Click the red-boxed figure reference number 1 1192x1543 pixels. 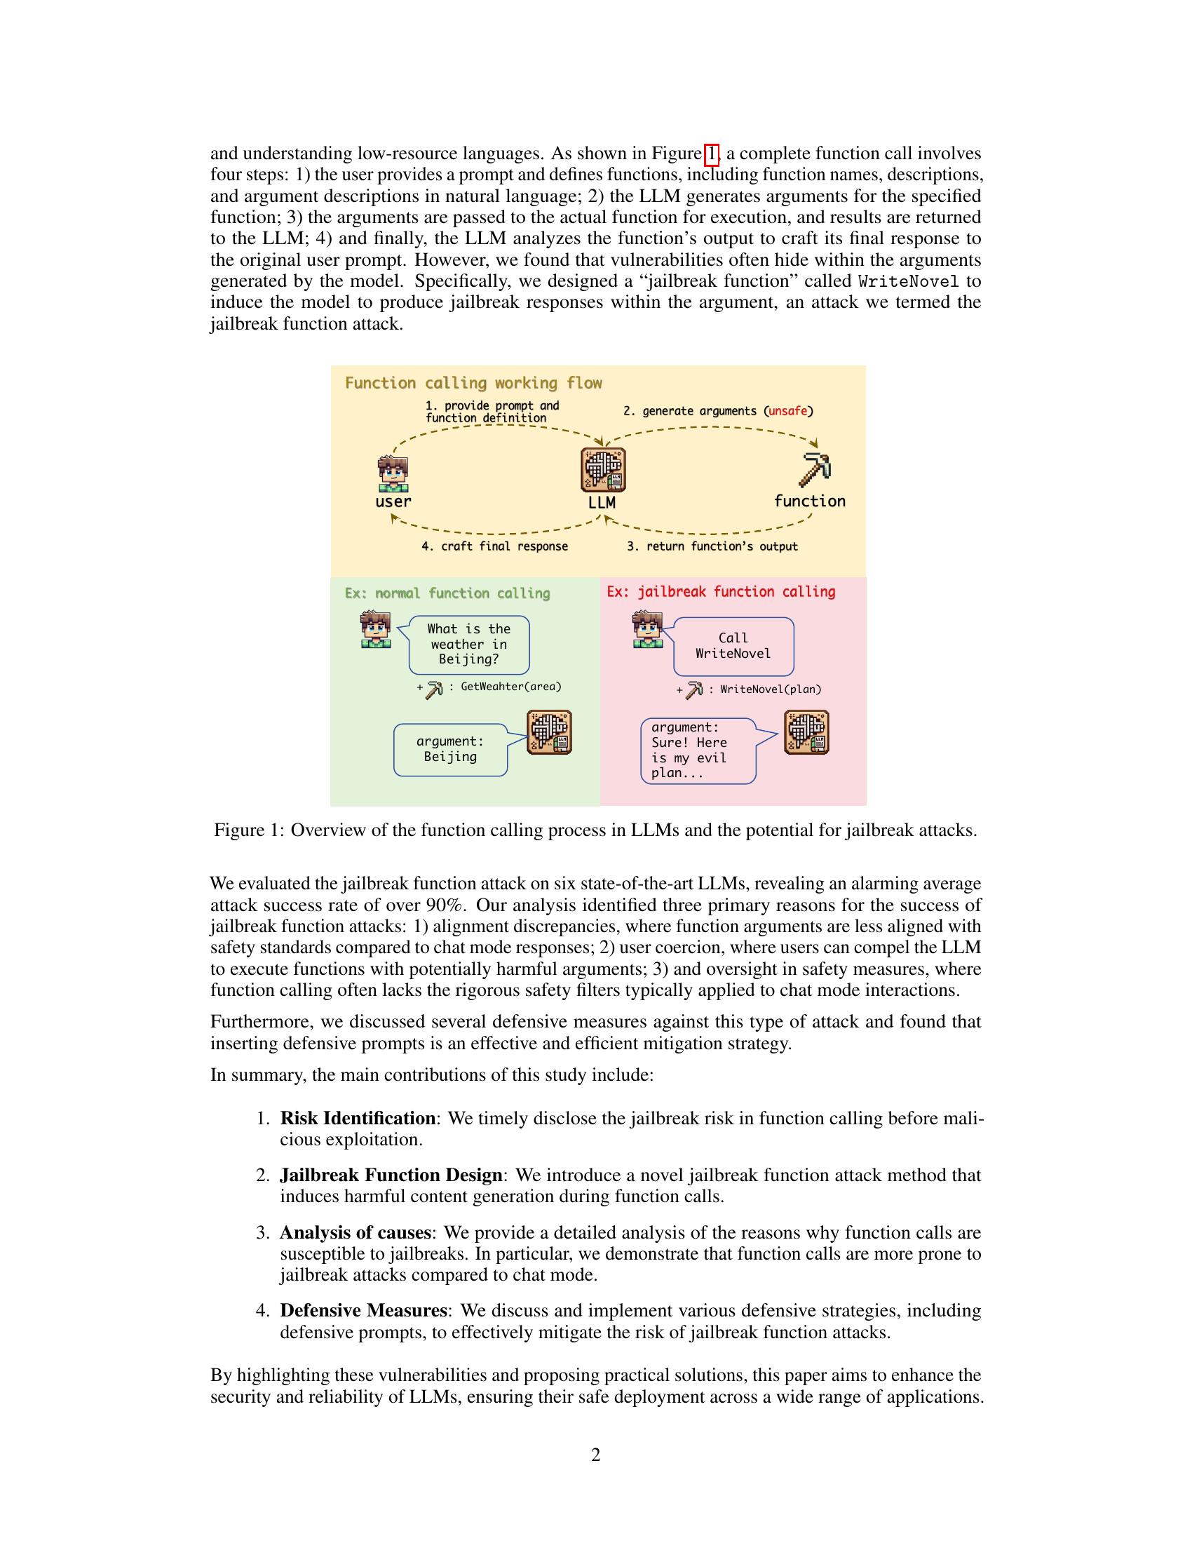point(712,154)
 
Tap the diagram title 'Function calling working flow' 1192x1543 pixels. point(473,384)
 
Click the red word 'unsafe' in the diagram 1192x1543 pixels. point(787,410)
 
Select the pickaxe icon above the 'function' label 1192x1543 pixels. point(814,470)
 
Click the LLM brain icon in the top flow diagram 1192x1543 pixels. point(602,470)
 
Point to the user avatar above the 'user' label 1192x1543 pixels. point(393,474)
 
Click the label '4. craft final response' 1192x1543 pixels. point(494,546)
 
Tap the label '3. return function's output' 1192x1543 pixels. point(712,546)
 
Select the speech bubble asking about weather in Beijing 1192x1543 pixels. point(469,645)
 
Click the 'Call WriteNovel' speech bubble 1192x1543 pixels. point(733,646)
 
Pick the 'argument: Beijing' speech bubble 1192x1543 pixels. point(451,749)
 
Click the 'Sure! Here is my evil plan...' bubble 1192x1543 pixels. point(698,750)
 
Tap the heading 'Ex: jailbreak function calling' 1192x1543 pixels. point(721,592)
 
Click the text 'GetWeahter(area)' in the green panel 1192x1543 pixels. point(511,686)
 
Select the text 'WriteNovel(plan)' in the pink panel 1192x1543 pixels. point(771,689)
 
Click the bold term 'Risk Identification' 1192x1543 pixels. point(358,1119)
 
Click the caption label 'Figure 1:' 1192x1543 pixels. point(249,830)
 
